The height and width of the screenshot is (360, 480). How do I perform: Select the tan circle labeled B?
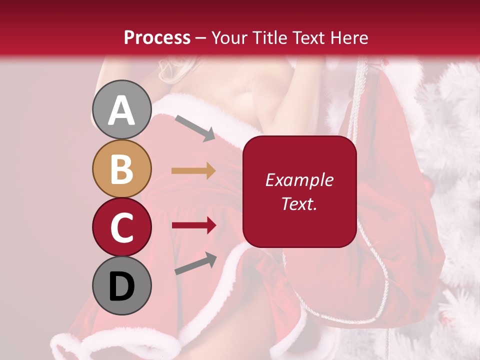122,168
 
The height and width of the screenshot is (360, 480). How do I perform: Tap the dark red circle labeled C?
122,227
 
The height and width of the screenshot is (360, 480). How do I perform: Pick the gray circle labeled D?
122,286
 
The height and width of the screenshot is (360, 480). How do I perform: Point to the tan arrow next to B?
193,170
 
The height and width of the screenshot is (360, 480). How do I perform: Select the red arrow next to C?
194,225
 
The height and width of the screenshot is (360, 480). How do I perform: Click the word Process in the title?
157,37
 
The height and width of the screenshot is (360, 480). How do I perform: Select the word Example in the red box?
299,180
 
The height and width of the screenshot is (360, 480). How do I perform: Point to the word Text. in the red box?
299,203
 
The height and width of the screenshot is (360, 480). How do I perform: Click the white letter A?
122,110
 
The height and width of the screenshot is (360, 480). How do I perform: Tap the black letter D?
122,287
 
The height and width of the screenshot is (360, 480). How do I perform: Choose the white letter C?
122,228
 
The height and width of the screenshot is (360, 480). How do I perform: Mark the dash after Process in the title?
200,38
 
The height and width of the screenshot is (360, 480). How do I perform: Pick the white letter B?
122,169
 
